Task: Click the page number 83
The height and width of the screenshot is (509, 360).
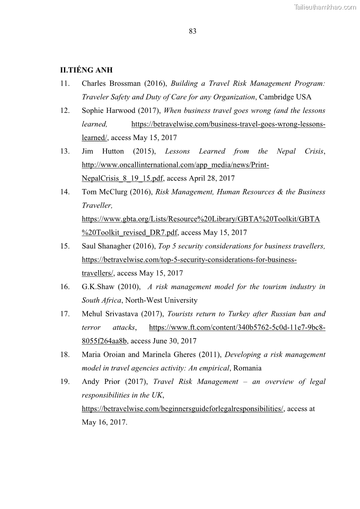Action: tap(192, 31)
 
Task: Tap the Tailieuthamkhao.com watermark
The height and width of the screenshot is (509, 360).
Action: tap(325, 7)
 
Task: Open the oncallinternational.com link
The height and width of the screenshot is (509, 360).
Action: tap(175, 165)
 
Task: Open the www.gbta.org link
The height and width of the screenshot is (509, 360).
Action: tap(201, 219)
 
